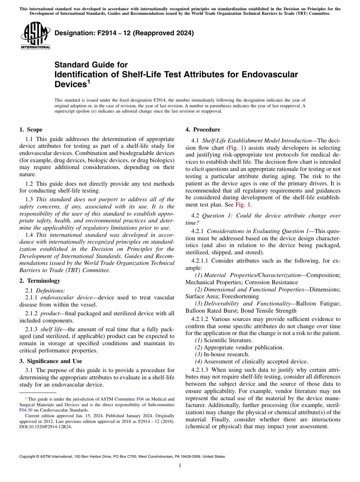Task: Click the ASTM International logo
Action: tap(35, 36)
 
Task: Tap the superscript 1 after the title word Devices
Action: tap(89, 81)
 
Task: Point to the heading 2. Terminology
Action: tap(39, 281)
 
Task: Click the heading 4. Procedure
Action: tap(202, 130)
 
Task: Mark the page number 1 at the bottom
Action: tap(180, 466)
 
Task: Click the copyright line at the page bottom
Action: tap(122, 457)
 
